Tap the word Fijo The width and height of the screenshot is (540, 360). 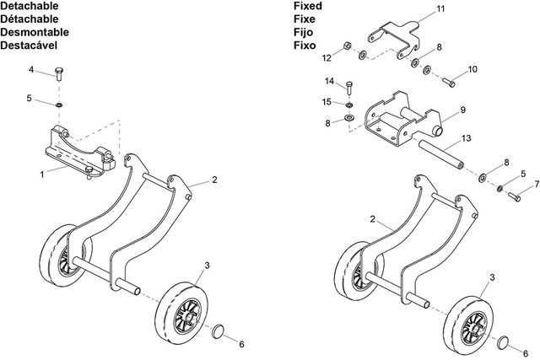point(304,31)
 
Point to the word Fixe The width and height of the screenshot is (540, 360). point(304,19)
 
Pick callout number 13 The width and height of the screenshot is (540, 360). point(467,137)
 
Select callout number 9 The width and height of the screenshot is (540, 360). point(462,110)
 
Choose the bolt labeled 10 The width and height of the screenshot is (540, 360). point(449,81)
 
